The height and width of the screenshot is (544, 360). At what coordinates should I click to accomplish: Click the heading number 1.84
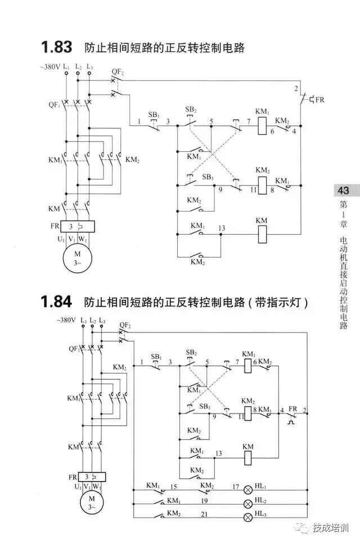point(57,302)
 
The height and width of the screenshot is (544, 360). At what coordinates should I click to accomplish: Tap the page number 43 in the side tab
point(344,191)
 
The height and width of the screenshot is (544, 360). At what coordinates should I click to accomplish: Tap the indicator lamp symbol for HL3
point(247,517)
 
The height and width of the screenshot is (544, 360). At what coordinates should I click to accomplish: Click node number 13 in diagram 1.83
point(222,228)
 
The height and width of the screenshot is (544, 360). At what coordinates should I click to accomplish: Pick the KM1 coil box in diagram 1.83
point(262,127)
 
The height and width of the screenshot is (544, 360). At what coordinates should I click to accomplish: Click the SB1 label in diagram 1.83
point(154,115)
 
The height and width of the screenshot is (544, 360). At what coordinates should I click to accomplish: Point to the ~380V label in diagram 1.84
point(66,320)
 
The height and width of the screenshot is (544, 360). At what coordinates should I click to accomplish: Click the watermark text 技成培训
point(331,528)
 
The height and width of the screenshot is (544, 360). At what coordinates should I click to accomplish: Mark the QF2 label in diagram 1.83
point(117,71)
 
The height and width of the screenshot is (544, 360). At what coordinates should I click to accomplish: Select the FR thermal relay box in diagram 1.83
point(78,226)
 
